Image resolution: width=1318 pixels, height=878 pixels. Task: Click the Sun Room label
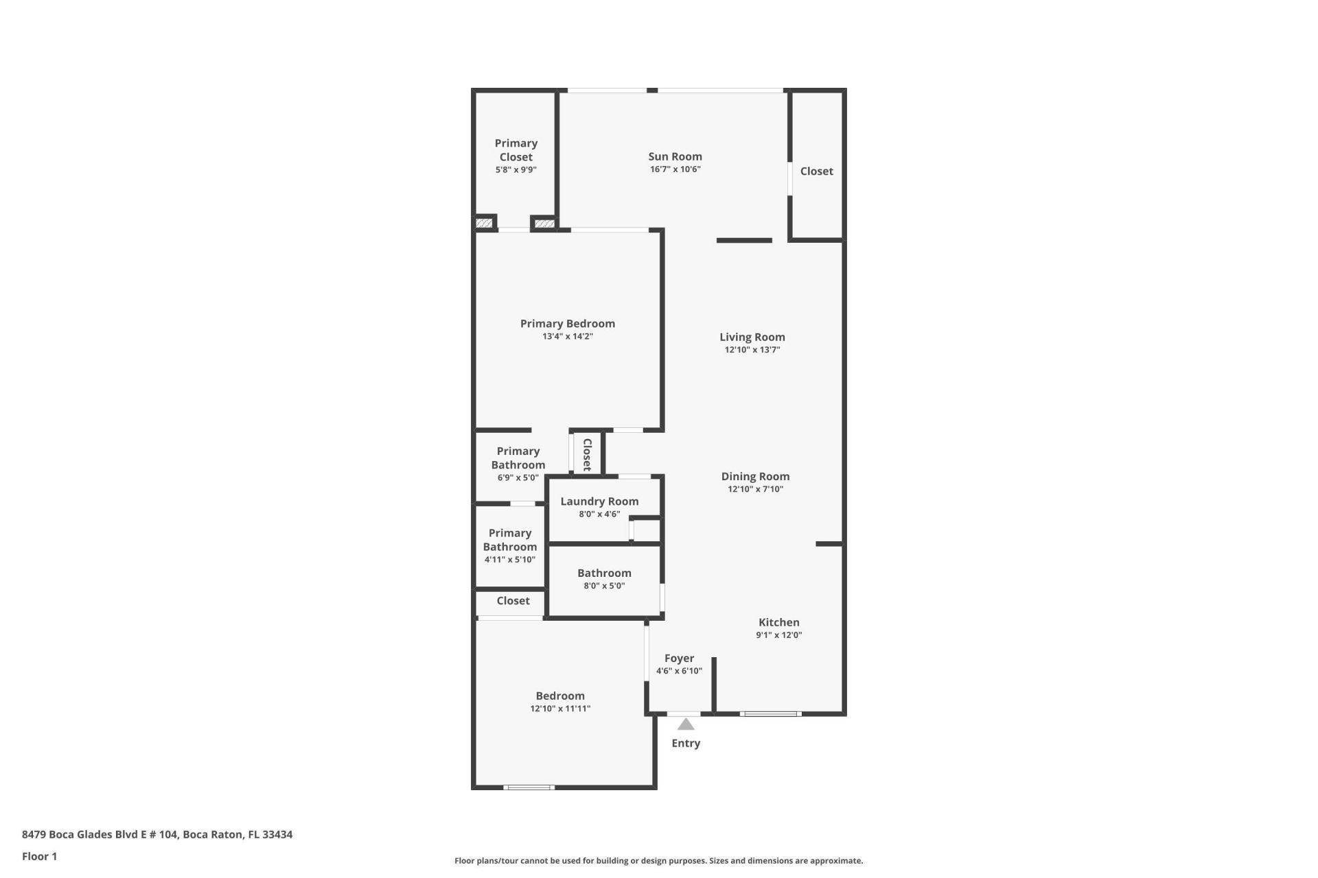click(675, 156)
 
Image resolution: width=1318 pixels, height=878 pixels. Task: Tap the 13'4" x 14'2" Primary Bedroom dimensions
click(567, 337)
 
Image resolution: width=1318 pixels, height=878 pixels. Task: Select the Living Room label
click(752, 337)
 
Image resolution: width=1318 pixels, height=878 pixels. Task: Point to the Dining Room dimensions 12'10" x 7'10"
click(755, 489)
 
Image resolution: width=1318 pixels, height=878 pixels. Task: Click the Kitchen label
click(778, 622)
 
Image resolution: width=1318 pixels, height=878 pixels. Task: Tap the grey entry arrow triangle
click(686, 724)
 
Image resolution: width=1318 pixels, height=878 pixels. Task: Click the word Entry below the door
click(686, 744)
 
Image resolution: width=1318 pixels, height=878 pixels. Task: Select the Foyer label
click(679, 658)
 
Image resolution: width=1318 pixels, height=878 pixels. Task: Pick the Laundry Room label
click(599, 501)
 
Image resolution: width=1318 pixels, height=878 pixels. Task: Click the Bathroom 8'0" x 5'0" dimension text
click(604, 586)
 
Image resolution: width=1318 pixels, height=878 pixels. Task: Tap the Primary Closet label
click(516, 150)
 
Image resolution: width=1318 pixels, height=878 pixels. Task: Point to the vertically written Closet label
click(587, 454)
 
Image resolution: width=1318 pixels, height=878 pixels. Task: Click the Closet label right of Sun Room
click(816, 171)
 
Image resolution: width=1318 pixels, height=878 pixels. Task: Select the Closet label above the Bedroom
click(513, 601)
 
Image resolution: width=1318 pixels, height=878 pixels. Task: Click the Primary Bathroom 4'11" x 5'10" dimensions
click(509, 560)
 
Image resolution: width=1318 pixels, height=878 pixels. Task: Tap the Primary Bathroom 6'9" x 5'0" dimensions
click(518, 478)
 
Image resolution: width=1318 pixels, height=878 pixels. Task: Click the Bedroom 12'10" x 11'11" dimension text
click(560, 709)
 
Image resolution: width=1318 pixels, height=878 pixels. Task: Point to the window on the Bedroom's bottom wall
click(529, 787)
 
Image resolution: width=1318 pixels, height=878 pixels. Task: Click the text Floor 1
click(39, 856)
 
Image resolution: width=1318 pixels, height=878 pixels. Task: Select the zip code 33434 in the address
click(277, 835)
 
